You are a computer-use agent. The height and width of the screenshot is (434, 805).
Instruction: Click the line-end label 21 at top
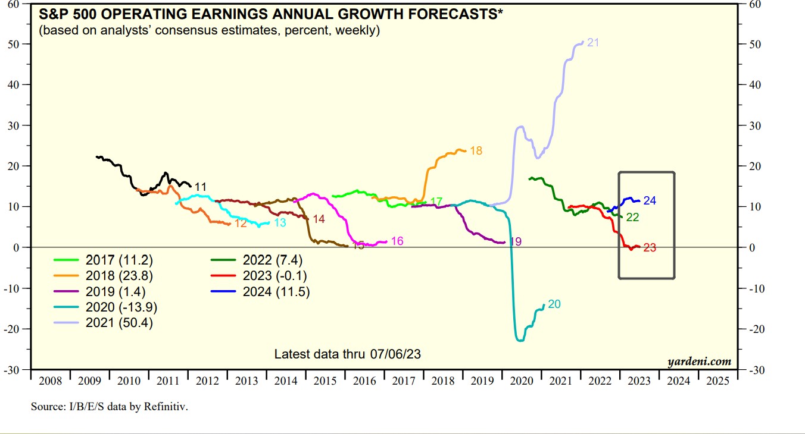pos(593,42)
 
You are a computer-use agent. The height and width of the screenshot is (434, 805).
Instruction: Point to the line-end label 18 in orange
pos(476,151)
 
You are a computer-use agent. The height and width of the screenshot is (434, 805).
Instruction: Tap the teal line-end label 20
pos(554,304)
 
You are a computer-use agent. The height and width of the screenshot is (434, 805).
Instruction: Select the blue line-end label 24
pos(650,201)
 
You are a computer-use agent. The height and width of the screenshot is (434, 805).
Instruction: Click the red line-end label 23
pos(650,248)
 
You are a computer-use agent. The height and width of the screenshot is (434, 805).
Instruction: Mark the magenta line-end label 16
pos(397,241)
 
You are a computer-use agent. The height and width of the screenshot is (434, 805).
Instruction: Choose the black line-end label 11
pos(200,187)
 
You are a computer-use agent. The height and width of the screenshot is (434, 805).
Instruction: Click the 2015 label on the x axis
pos(325,381)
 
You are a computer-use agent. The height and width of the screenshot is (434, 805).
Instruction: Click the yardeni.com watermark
pos(699,361)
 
